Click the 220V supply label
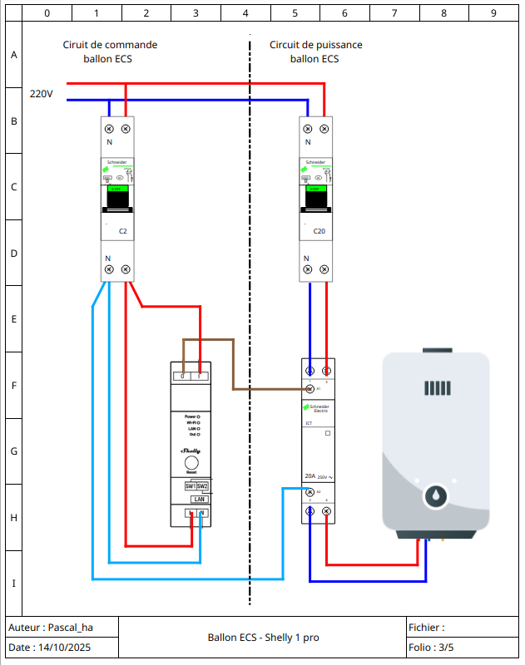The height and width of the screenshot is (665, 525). point(41,94)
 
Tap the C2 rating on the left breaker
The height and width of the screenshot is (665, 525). point(123,230)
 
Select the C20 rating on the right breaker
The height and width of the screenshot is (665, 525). point(319,230)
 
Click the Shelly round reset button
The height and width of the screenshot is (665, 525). point(191,463)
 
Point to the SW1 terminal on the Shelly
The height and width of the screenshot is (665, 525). point(190,485)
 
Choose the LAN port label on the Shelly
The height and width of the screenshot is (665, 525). point(199,499)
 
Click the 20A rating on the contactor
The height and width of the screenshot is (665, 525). point(310,477)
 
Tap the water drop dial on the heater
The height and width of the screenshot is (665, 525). point(435,496)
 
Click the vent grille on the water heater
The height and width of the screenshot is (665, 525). point(436,388)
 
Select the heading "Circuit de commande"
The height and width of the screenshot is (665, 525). point(110,45)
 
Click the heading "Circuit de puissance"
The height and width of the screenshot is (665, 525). point(316,45)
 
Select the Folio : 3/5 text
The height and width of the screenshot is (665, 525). point(431,647)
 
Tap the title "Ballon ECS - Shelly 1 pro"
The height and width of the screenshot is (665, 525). point(263,638)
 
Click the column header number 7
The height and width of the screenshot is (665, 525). point(394,13)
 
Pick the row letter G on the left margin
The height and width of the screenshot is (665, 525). point(13,451)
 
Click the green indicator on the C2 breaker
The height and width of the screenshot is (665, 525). point(116,190)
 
